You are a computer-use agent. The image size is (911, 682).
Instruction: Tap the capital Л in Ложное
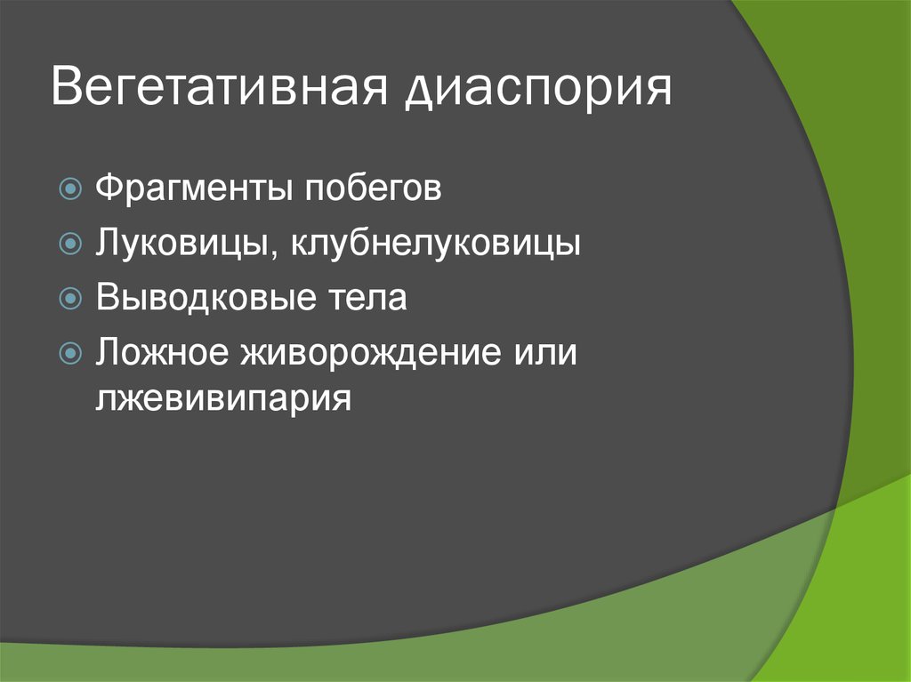click(x=106, y=351)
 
